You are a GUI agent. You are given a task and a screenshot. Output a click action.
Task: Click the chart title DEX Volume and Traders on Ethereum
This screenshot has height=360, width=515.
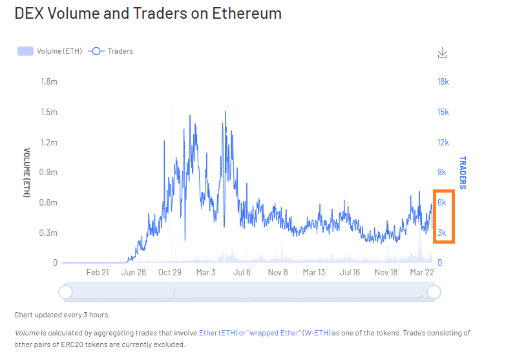(148, 14)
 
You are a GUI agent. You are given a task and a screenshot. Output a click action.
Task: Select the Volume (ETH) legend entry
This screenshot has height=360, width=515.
(50, 51)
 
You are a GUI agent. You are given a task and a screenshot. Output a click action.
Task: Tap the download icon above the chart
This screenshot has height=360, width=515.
(443, 52)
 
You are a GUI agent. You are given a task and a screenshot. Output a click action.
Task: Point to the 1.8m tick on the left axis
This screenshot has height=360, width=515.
(49, 82)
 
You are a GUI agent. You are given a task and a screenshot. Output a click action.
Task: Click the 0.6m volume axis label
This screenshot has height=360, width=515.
(49, 202)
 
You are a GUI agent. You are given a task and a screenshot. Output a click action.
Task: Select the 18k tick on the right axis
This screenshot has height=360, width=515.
(443, 82)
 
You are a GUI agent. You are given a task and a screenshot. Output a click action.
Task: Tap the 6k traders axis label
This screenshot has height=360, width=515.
(443, 202)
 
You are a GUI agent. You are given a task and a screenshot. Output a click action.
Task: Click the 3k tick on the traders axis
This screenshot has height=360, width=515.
(443, 233)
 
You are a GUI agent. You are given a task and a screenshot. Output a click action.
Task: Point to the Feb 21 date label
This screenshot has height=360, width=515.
(97, 272)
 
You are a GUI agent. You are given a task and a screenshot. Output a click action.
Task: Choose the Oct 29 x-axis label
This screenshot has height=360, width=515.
(169, 272)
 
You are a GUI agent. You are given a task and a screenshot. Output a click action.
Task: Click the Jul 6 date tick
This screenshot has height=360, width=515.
(242, 272)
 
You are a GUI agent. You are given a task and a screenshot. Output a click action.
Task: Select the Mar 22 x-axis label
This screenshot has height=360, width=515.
(421, 272)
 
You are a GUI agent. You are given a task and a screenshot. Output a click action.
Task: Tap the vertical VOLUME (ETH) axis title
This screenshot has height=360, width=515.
(26, 173)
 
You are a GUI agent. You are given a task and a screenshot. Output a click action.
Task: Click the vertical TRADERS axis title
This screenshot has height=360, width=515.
(463, 173)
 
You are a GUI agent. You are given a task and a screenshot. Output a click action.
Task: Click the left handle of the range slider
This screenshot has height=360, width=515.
(65, 293)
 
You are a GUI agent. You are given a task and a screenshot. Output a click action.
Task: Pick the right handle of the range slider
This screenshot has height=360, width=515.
(434, 293)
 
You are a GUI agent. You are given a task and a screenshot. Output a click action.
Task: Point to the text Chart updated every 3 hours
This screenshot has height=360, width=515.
(62, 315)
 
